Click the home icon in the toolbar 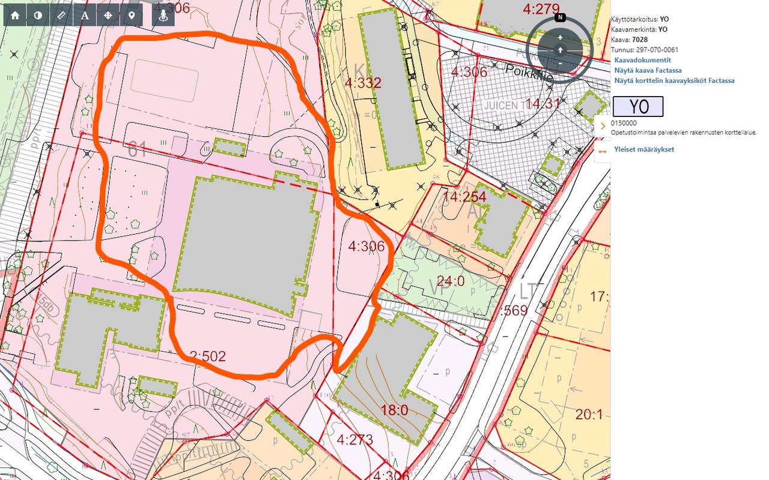pyautogui.click(x=15, y=16)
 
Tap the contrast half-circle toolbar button pyautogui.click(x=38, y=16)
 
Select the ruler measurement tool pyautogui.click(x=61, y=16)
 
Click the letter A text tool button pyautogui.click(x=85, y=16)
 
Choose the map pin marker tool pyautogui.click(x=132, y=16)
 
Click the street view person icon pyautogui.click(x=163, y=16)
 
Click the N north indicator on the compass pyautogui.click(x=560, y=17)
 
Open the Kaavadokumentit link pyautogui.click(x=642, y=60)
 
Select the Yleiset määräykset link pyautogui.click(x=644, y=149)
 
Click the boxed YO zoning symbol pyautogui.click(x=638, y=107)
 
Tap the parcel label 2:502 pyautogui.click(x=207, y=356)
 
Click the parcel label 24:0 pyautogui.click(x=451, y=280)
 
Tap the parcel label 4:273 pyautogui.click(x=355, y=440)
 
